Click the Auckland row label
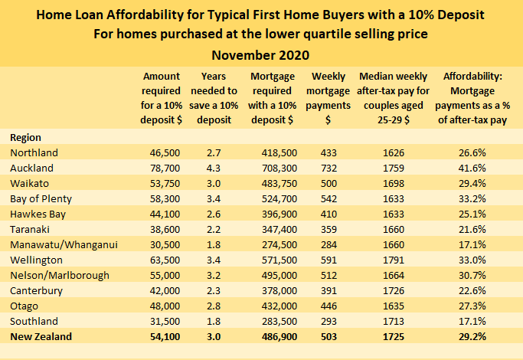point(31,167)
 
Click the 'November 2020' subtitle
point(261,55)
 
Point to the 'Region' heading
point(26,136)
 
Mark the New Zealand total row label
point(41,335)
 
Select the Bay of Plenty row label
point(41,198)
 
